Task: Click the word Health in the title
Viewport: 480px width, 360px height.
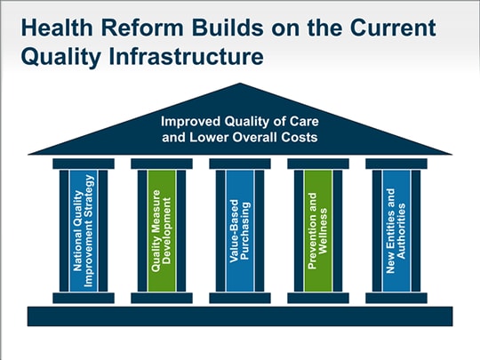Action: point(57,28)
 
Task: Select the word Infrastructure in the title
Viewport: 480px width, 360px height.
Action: point(186,56)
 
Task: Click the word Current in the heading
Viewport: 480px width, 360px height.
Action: point(393,28)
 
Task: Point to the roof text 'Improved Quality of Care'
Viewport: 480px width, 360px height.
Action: point(240,122)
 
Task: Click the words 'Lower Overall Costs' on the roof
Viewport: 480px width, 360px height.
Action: point(253,137)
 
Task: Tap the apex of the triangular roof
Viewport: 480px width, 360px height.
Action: point(240,84)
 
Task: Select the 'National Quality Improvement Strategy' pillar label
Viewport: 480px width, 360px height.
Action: point(84,230)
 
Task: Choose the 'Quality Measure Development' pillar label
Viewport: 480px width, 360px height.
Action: point(162,231)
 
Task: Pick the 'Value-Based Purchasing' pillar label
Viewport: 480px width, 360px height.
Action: point(240,231)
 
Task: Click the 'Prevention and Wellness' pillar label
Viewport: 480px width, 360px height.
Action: point(318,231)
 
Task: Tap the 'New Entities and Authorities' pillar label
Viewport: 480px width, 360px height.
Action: point(396,231)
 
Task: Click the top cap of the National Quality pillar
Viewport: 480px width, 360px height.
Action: point(84,164)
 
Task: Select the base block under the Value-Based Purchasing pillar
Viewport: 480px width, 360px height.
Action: point(240,298)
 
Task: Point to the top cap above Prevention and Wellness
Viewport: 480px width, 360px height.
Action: point(318,164)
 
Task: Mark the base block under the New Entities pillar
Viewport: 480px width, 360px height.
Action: point(396,298)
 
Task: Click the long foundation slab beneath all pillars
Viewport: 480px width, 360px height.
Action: point(240,316)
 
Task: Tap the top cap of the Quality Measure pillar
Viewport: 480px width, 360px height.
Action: point(162,164)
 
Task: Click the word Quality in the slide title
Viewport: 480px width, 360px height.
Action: point(61,57)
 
